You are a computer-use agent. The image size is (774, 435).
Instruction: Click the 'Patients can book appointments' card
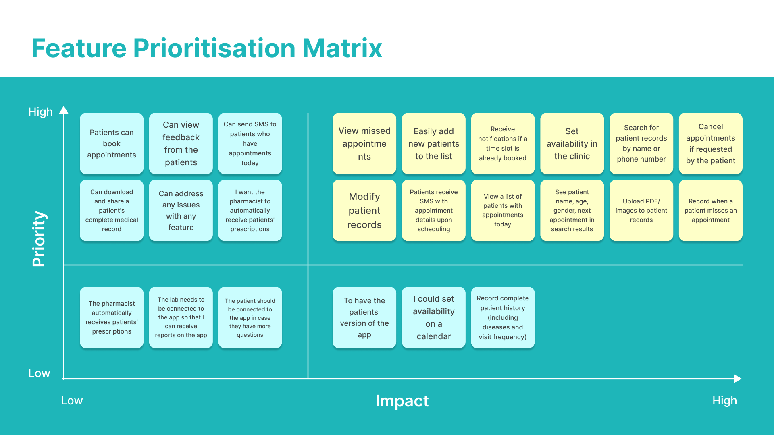pyautogui.click(x=112, y=143)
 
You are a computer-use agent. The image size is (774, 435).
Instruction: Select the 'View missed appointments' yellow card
pyautogui.click(x=364, y=143)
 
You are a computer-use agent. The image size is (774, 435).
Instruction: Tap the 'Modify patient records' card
pyautogui.click(x=364, y=210)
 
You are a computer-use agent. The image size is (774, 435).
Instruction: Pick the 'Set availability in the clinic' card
pyautogui.click(x=572, y=143)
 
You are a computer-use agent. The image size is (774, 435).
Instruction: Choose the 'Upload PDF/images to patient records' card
pyautogui.click(x=641, y=210)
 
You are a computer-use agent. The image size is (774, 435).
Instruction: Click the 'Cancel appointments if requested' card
pyautogui.click(x=711, y=143)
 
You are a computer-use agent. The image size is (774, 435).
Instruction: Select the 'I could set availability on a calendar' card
pyautogui.click(x=434, y=317)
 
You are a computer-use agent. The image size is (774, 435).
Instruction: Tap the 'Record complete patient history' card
pyautogui.click(x=503, y=317)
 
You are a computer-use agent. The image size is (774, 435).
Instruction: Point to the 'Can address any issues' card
pyautogui.click(x=181, y=210)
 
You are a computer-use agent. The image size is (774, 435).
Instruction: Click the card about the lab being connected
pyautogui.click(x=181, y=317)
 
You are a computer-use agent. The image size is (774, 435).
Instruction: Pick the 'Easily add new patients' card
pyautogui.click(x=434, y=143)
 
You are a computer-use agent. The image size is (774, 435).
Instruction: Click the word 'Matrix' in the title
pyautogui.click(x=342, y=48)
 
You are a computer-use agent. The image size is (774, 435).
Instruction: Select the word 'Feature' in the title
pyautogui.click(x=79, y=48)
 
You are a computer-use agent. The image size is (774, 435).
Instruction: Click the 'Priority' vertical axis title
pyautogui.click(x=39, y=239)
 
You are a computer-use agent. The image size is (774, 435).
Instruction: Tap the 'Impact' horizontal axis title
pyautogui.click(x=402, y=401)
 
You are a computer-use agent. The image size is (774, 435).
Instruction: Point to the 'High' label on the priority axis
pyautogui.click(x=40, y=112)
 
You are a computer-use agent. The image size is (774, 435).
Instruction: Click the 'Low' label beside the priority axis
pyautogui.click(x=39, y=373)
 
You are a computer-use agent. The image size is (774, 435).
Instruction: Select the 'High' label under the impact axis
pyautogui.click(x=724, y=400)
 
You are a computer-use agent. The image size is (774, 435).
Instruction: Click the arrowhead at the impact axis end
pyautogui.click(x=738, y=379)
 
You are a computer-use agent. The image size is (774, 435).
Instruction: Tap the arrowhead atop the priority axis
pyautogui.click(x=64, y=110)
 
